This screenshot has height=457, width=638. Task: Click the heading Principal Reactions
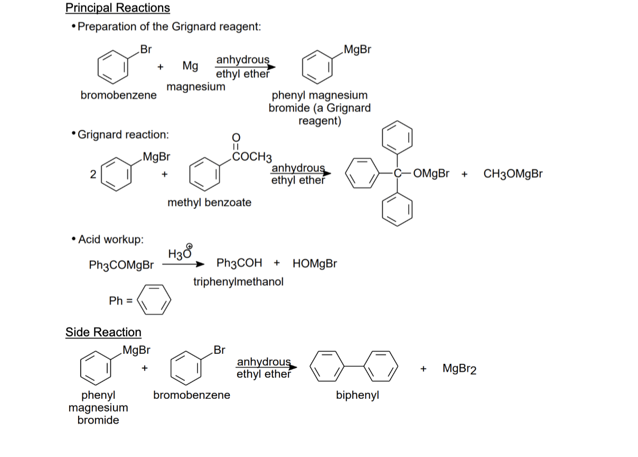118,8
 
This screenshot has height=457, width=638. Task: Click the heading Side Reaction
104,332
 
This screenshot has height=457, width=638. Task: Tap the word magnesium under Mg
196,86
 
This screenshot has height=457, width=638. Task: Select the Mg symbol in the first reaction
190,66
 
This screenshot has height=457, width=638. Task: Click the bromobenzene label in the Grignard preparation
118,95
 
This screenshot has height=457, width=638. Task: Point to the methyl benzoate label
209,203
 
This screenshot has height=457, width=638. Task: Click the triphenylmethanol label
238,281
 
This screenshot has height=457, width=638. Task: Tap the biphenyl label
358,396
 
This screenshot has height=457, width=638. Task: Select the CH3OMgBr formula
513,174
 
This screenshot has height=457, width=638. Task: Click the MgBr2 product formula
459,368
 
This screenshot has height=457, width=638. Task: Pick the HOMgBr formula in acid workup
314,263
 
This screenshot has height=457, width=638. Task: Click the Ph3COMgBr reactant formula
122,264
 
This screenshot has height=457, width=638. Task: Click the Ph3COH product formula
239,263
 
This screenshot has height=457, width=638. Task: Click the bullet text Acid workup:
110,240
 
